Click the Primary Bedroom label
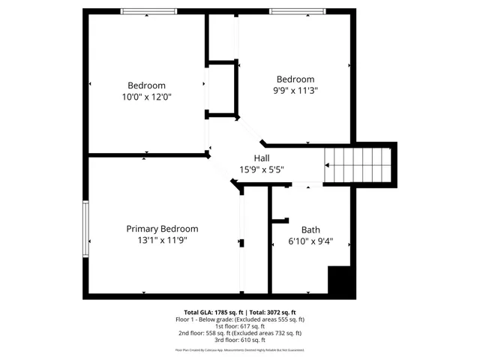[162, 229]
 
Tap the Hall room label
[262, 158]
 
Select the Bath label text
[310, 230]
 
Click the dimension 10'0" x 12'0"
[147, 97]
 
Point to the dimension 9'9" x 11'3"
[295, 91]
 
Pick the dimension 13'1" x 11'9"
[162, 241]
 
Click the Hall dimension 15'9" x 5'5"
[262, 169]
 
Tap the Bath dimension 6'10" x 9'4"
[310, 241]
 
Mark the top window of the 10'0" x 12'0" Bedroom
[148, 11]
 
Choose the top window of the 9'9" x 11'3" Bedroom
[298, 11]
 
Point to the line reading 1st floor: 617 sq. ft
[240, 326]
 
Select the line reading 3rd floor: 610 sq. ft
[240, 340]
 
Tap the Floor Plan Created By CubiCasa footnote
[240, 350]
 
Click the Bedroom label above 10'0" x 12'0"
[146, 85]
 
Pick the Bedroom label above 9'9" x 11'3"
[295, 79]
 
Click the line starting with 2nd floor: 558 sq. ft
[240, 333]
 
